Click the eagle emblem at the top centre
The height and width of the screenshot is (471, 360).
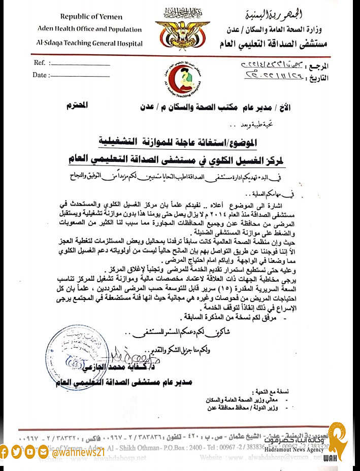(x=182, y=28)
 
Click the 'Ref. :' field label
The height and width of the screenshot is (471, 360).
(x=42, y=63)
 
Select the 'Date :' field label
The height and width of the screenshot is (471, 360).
(x=41, y=75)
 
